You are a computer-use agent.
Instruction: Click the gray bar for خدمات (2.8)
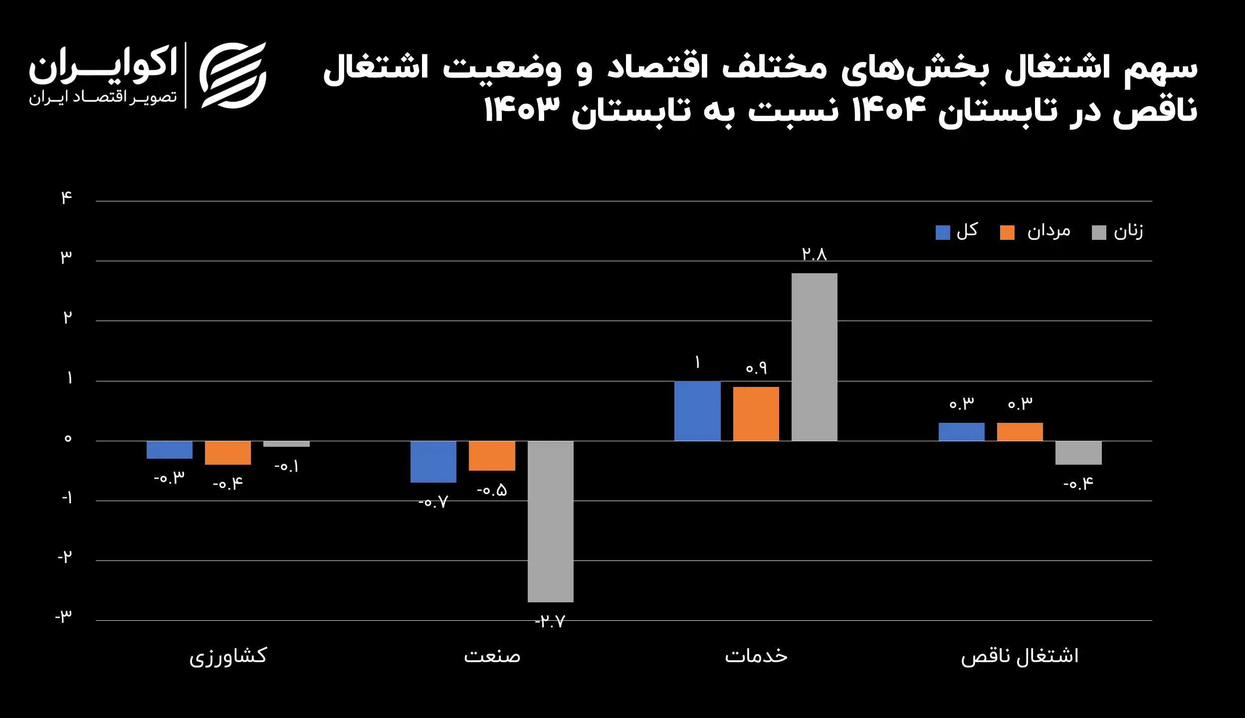point(814,357)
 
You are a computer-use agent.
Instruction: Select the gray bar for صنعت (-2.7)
point(550,521)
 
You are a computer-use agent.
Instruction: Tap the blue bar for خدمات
point(697,410)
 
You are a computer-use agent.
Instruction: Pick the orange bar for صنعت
point(492,455)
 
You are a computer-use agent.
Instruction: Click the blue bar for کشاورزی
point(169,449)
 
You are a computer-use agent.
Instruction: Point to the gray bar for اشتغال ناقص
point(1078,452)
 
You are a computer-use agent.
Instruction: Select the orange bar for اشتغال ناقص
point(1020,431)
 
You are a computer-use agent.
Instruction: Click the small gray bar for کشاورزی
point(286,444)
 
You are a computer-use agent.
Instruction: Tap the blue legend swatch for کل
point(942,232)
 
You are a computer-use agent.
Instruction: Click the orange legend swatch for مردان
point(1007,232)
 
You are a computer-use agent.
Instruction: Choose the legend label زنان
point(1128,231)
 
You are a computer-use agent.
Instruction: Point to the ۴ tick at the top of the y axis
point(66,198)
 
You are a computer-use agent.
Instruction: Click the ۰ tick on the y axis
point(68,439)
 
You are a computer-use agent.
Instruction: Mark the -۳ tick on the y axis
point(64,617)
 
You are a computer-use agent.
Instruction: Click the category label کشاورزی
point(228,656)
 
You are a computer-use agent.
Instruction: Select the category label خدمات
point(756,655)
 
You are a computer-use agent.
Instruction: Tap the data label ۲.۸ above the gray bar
point(814,255)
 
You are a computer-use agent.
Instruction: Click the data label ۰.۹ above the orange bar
point(756,368)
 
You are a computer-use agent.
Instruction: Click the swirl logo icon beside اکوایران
point(233,75)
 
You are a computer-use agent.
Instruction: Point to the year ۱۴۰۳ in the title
point(522,111)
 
